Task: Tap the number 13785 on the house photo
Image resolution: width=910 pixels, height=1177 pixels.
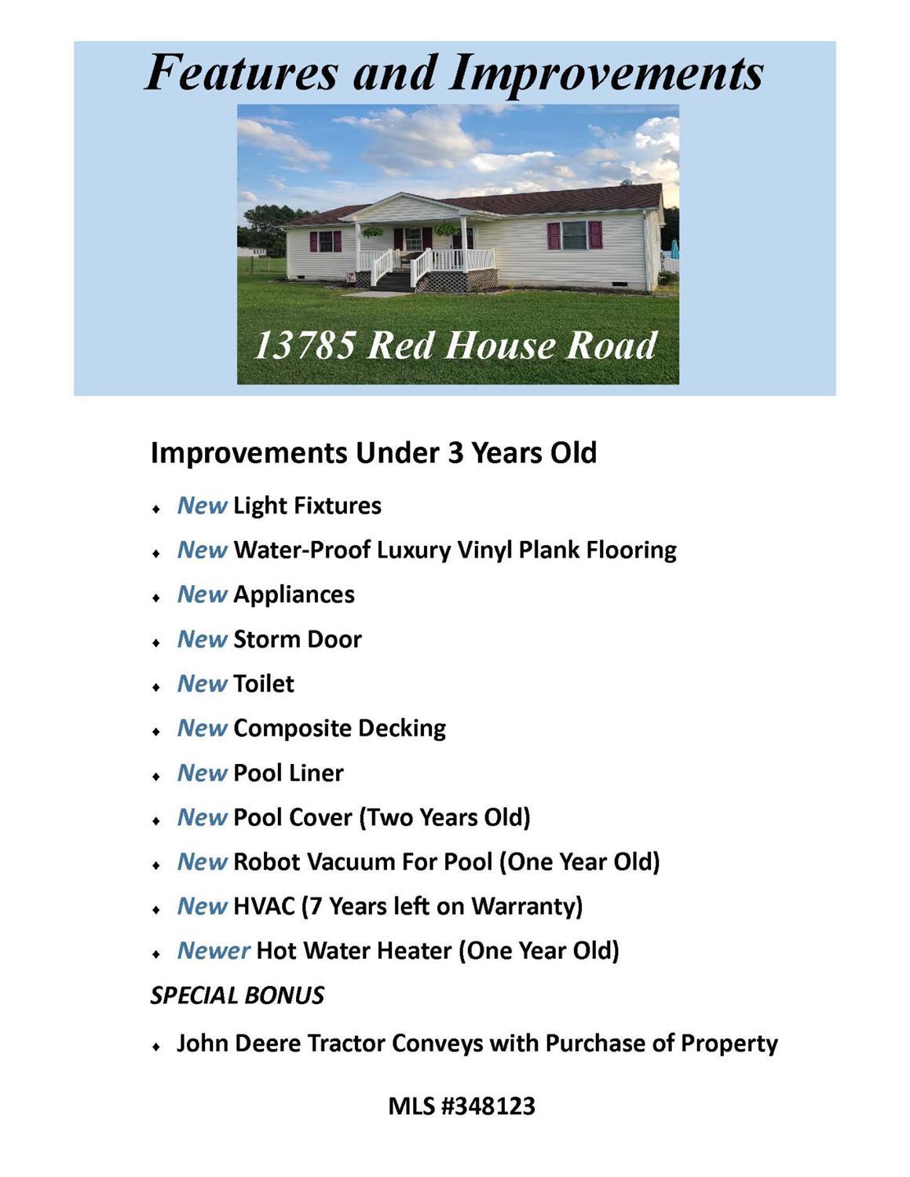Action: point(305,345)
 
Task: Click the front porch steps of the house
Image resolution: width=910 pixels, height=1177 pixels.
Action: point(393,280)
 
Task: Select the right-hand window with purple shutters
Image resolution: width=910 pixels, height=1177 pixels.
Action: point(575,236)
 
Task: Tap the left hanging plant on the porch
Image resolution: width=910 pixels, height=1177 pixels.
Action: point(372,232)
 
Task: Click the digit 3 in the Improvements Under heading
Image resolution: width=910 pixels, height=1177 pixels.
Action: point(455,452)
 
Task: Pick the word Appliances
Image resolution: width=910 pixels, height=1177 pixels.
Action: point(294,595)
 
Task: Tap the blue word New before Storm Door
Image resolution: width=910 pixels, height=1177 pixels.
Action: point(202,640)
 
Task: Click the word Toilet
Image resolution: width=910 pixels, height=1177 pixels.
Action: point(264,684)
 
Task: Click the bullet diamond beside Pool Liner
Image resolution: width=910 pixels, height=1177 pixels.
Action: point(156,777)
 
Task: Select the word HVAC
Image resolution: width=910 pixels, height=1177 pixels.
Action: point(264,907)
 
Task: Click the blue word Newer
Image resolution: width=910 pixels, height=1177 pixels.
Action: point(214,951)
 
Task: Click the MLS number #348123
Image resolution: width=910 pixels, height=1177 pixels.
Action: point(488,1106)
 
